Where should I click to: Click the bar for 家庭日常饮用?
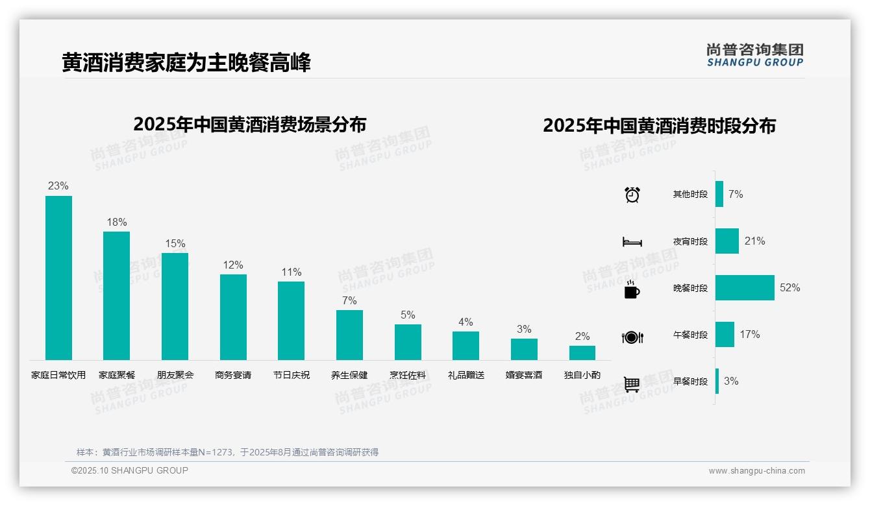[x=58, y=278]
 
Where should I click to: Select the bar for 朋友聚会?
[x=175, y=306]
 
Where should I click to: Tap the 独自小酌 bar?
[x=582, y=353]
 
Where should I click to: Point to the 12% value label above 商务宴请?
[x=232, y=265]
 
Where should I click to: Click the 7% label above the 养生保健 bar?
[x=349, y=301]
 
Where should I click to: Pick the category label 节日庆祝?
[x=291, y=375]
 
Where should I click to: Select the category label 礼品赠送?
[x=466, y=375]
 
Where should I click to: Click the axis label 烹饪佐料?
[x=408, y=375]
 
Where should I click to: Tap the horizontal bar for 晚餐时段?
[x=745, y=288]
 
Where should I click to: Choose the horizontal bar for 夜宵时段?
[x=727, y=241]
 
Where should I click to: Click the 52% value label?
[x=789, y=288]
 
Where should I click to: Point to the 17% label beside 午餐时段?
[x=749, y=335]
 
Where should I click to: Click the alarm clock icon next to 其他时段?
[x=632, y=195]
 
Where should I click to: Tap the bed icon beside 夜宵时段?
[x=632, y=242]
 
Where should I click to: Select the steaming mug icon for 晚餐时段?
[x=632, y=289]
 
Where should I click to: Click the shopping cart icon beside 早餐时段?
[x=632, y=384]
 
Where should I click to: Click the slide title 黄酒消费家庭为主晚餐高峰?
[x=186, y=63]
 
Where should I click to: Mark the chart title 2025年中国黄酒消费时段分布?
[x=659, y=126]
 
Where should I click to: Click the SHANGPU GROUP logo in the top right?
[x=754, y=55]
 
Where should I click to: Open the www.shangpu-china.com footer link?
[x=756, y=471]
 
